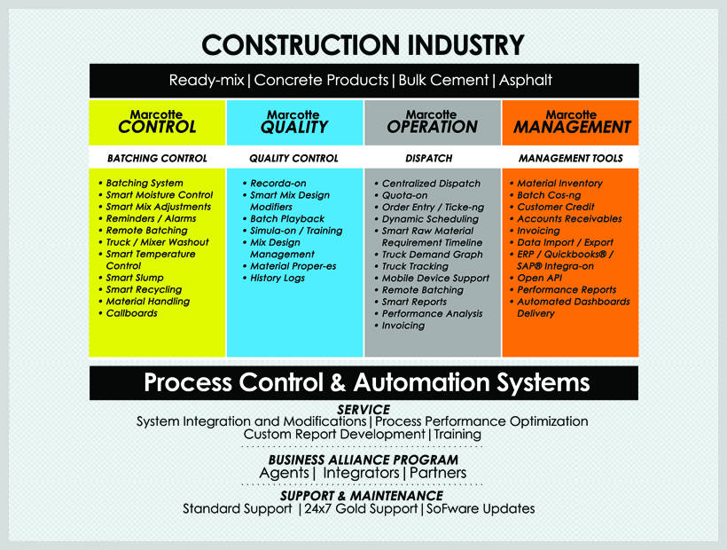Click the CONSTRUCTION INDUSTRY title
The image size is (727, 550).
point(363,45)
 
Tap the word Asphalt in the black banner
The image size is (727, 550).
point(526,80)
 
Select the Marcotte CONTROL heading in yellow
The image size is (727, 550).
point(157,122)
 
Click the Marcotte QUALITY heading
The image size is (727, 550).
point(294,122)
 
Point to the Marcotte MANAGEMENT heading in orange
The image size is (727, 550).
point(572,122)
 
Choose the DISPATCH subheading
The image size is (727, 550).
point(429,159)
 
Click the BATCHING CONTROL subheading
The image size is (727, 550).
point(157,159)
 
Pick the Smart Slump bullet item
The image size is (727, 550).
point(135,278)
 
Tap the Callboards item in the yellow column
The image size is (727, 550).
point(132,313)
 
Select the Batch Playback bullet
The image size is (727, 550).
point(287,219)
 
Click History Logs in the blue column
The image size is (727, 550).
point(278,278)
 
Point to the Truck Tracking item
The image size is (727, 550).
point(415,266)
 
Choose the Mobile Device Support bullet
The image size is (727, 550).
point(435,279)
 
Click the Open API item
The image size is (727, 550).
point(539,278)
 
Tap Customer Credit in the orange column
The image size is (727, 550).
point(556,207)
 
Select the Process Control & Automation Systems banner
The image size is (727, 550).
point(364,383)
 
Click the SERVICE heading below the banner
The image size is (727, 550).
point(363,410)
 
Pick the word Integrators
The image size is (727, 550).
point(361,473)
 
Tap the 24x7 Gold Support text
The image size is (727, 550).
point(361,509)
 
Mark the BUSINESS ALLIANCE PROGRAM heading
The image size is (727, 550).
point(363,460)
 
